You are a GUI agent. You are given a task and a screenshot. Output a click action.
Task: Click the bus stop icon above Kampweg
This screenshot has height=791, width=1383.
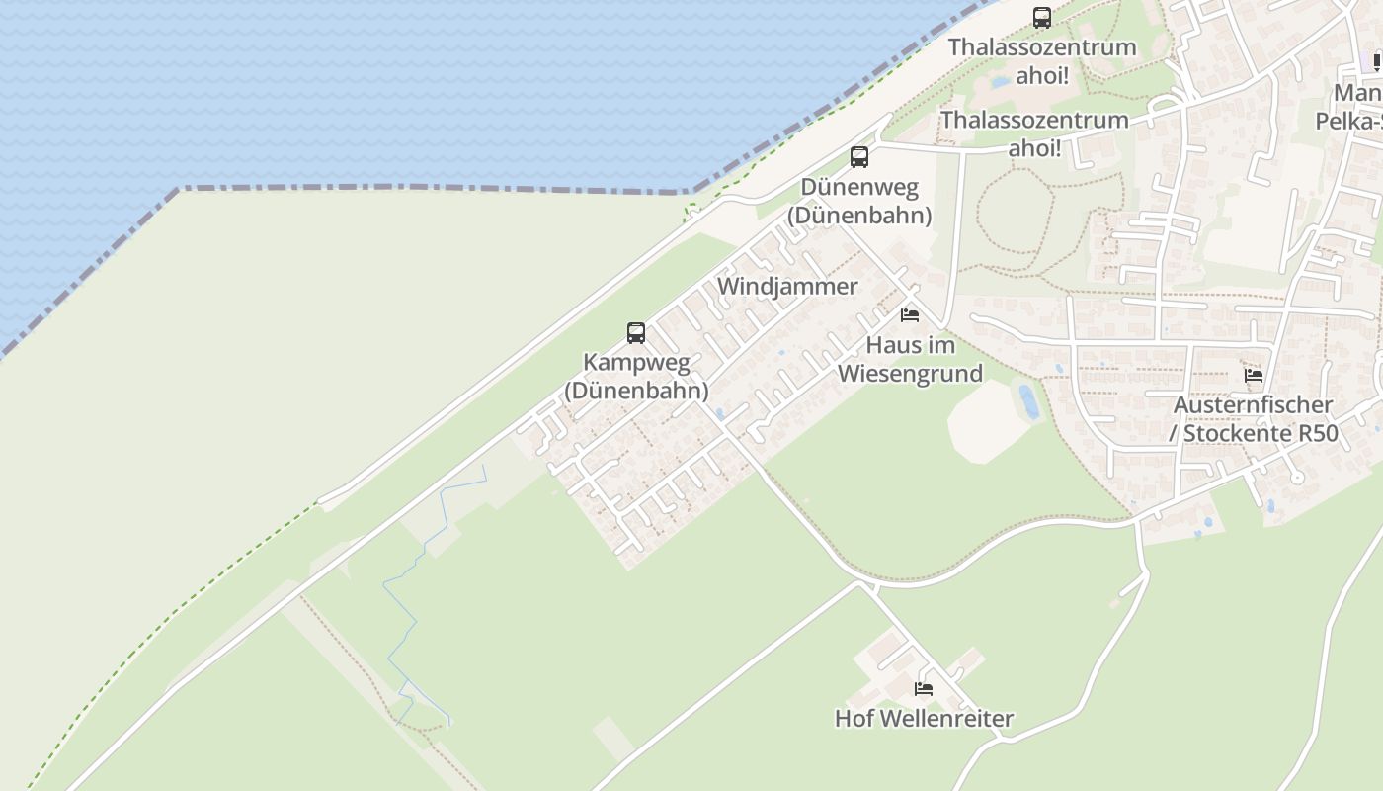(636, 333)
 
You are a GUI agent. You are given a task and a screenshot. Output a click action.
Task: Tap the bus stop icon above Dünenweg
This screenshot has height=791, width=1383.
(859, 156)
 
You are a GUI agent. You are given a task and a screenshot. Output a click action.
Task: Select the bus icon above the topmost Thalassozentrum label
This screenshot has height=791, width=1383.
(1042, 17)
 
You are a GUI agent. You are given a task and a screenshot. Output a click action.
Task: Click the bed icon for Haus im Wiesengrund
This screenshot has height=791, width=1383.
(910, 315)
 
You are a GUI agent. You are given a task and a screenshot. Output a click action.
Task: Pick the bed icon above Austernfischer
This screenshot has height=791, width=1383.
(1254, 376)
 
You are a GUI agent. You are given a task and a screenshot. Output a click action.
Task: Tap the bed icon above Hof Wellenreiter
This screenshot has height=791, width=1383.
(924, 689)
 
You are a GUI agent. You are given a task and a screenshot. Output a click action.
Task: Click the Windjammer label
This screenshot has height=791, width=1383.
(787, 287)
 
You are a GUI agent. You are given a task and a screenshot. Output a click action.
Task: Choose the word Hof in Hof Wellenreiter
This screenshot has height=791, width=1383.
(854, 719)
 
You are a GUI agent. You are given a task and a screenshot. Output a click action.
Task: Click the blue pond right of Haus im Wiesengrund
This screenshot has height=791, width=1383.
(1027, 399)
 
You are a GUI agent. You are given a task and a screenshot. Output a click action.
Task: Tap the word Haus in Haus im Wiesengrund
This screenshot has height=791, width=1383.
(888, 346)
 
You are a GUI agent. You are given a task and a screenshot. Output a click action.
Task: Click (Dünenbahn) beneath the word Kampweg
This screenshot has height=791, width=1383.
(636, 391)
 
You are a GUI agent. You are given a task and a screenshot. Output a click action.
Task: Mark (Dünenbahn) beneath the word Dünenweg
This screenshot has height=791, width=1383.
(859, 215)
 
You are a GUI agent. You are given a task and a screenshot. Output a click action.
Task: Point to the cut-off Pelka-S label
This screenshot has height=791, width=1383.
(1348, 122)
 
